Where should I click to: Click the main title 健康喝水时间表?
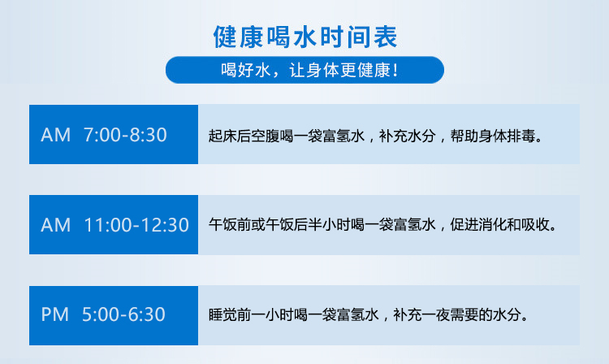pos(304,37)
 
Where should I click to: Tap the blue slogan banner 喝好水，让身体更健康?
pos(304,70)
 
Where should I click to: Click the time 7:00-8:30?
pos(125,135)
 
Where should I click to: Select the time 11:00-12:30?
pos(136,225)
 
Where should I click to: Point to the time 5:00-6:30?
pos(123,314)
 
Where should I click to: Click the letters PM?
pos(54,314)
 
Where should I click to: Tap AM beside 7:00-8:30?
pos(55,135)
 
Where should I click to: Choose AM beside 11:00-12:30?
pos(55,225)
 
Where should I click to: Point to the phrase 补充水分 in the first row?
pos(408,136)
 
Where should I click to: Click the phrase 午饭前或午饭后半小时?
pos(279,224)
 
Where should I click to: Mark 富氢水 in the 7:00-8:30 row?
pos(343,136)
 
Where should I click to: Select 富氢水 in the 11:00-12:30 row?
pos(414,224)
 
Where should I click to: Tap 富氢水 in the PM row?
pos(358,314)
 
